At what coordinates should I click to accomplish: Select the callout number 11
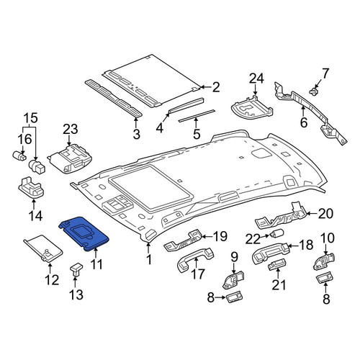tap(96, 264)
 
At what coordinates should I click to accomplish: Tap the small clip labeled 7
tap(312, 91)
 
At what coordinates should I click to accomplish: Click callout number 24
tap(256, 78)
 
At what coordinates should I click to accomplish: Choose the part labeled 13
tap(76, 270)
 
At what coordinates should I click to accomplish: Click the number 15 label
tap(31, 118)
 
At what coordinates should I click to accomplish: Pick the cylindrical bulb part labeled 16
tap(19, 156)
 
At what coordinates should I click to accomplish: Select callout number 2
tap(216, 87)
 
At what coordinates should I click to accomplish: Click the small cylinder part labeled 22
tap(277, 233)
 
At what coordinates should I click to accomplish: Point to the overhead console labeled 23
tap(70, 158)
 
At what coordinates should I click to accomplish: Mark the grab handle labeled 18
tap(270, 254)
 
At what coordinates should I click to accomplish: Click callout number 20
tap(325, 213)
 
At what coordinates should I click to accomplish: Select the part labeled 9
tap(233, 279)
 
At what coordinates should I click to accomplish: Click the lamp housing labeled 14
tap(31, 188)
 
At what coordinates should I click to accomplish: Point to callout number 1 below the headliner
tap(149, 259)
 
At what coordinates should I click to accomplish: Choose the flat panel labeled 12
tap(43, 250)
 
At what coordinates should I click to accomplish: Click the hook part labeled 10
tap(324, 261)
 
